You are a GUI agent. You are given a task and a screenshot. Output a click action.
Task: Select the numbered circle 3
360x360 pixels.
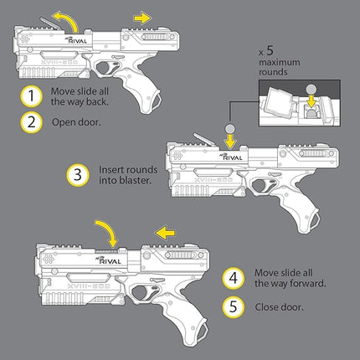[77, 175]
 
